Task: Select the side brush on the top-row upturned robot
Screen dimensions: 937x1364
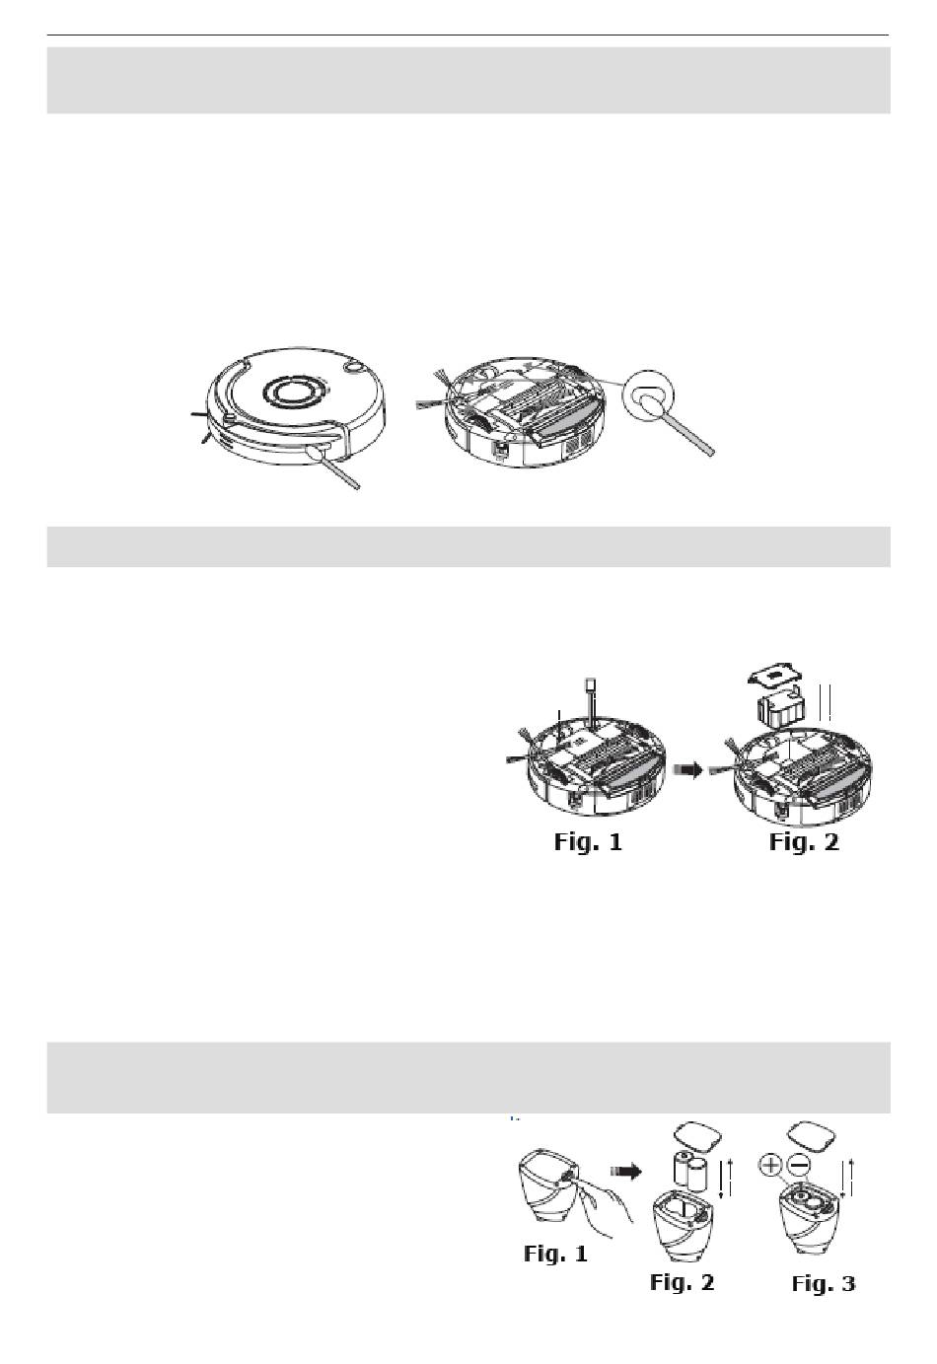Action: coord(436,390)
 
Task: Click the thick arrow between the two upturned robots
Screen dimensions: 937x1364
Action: coord(687,770)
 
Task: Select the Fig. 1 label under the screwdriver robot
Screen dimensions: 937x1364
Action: coord(588,841)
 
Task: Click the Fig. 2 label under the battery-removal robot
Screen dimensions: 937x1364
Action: coord(804,841)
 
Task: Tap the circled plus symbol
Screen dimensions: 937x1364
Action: coord(770,1165)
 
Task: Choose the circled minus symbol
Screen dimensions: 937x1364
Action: coord(799,1165)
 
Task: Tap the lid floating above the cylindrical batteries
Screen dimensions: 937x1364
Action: coord(697,1136)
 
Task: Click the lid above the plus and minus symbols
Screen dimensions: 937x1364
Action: coord(812,1135)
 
